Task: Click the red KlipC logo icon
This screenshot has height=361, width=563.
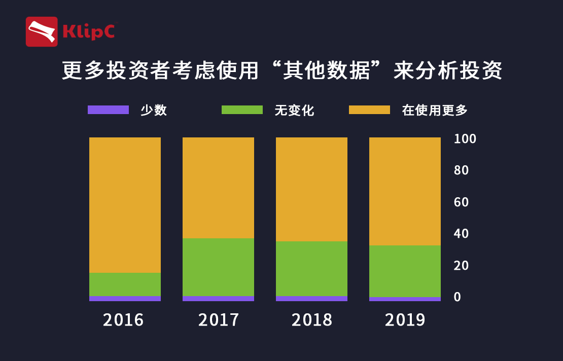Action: pyautogui.click(x=42, y=31)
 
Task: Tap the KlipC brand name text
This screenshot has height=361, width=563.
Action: pyautogui.click(x=88, y=31)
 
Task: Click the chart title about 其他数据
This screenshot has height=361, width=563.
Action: pyautogui.click(x=282, y=71)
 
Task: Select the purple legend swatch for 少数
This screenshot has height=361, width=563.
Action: pyautogui.click(x=108, y=110)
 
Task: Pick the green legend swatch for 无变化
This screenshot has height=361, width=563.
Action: pyautogui.click(x=242, y=110)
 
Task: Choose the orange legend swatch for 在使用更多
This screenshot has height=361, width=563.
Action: pyautogui.click(x=369, y=110)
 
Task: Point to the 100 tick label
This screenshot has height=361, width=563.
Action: pyautogui.click(x=465, y=139)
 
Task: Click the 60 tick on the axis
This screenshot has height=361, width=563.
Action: pyautogui.click(x=462, y=202)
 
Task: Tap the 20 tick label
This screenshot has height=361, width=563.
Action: pyautogui.click(x=462, y=266)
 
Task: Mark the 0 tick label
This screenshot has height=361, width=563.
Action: pyautogui.click(x=458, y=297)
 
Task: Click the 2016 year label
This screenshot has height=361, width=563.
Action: pyautogui.click(x=123, y=320)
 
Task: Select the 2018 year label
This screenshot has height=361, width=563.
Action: pyautogui.click(x=312, y=320)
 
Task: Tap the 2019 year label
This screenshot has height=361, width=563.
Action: pyautogui.click(x=405, y=320)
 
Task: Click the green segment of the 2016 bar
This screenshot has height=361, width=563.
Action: pyautogui.click(x=125, y=284)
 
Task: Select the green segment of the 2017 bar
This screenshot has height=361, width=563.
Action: pyautogui.click(x=218, y=267)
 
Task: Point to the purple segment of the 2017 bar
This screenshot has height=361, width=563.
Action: pyautogui.click(x=218, y=299)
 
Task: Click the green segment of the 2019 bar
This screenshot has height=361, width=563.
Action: pyautogui.click(x=405, y=271)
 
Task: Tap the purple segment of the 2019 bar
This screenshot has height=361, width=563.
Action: pyautogui.click(x=405, y=299)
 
